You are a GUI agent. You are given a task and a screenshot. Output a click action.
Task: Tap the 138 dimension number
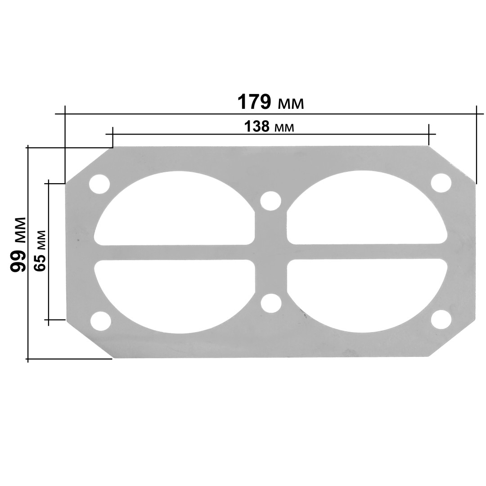point(256,126)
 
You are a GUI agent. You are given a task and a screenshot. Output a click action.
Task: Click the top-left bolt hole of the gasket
point(99,184)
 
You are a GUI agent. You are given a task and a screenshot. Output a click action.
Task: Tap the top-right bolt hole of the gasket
point(441,183)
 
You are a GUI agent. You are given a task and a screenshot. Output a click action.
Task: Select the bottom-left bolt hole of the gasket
point(100,320)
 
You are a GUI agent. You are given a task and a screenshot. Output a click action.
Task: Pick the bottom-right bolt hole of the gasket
point(441,319)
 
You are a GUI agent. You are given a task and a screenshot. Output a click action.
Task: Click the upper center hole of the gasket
point(271,201)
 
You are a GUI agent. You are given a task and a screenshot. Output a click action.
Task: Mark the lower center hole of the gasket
point(271,303)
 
